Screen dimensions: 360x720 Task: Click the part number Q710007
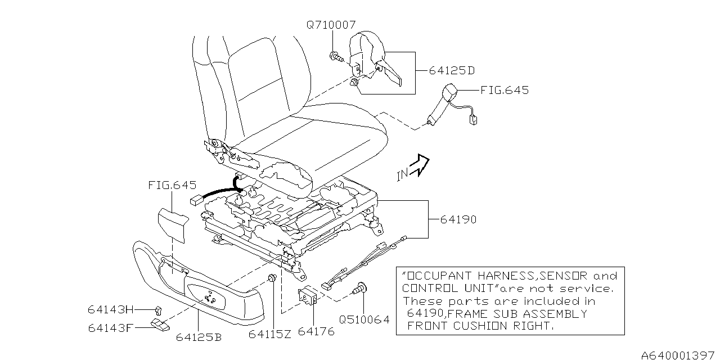[331, 25]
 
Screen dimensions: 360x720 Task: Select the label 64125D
[452, 71]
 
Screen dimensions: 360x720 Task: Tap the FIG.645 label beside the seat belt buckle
[505, 90]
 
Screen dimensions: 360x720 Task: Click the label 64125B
[198, 337]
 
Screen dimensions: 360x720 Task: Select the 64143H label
[111, 309]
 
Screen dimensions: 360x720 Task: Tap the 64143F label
[110, 327]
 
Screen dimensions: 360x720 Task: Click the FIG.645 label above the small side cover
[172, 185]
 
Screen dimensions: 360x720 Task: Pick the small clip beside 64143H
[158, 308]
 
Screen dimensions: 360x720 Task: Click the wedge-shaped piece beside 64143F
[160, 325]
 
